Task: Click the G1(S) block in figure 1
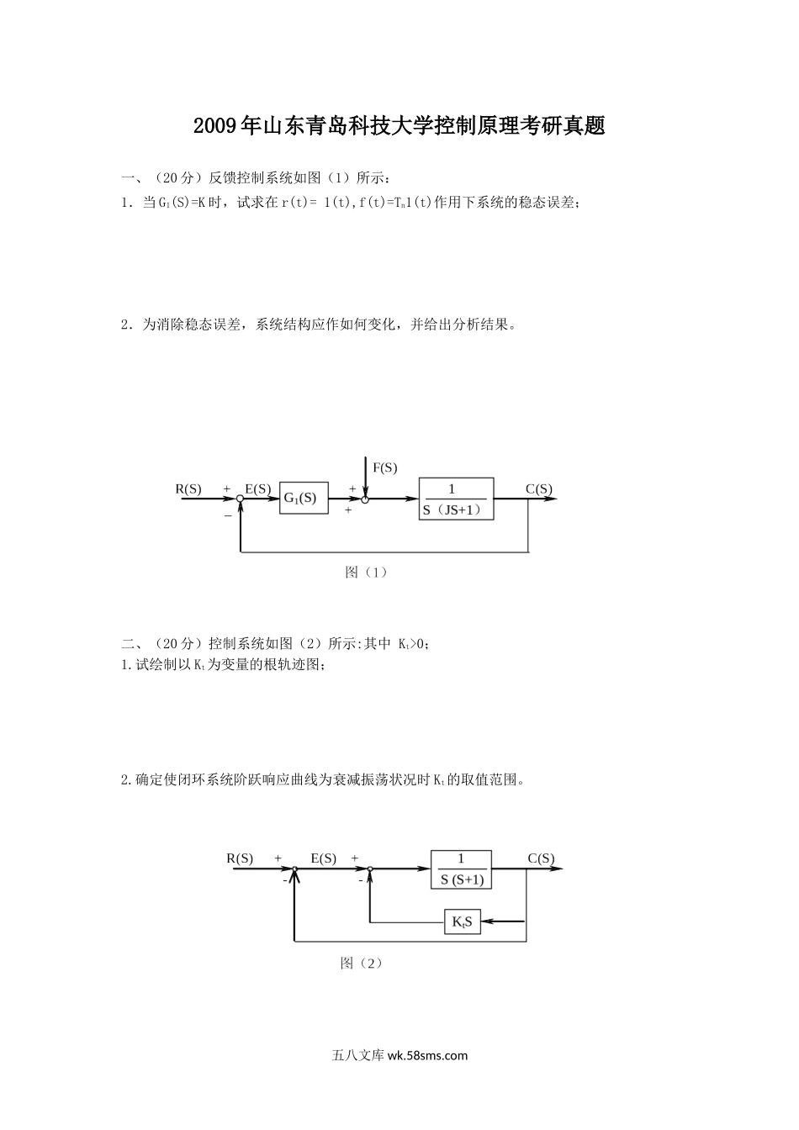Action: tap(303, 498)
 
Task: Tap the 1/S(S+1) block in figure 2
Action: tap(461, 869)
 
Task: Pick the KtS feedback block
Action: tap(462, 922)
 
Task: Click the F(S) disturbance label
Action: tap(384, 468)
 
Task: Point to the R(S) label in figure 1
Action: tap(188, 488)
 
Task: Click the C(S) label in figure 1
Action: tap(539, 488)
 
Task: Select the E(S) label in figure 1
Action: tap(257, 488)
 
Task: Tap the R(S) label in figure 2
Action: tap(240, 858)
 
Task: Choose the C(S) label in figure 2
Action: tap(541, 858)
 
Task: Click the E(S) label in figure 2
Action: tap(324, 858)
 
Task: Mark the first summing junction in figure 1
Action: tap(241, 499)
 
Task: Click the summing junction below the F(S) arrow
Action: tap(365, 499)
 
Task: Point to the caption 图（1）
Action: tap(366, 573)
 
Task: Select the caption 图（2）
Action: tap(362, 964)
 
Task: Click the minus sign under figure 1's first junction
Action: tap(227, 515)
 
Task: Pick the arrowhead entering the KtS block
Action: tap(487, 922)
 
